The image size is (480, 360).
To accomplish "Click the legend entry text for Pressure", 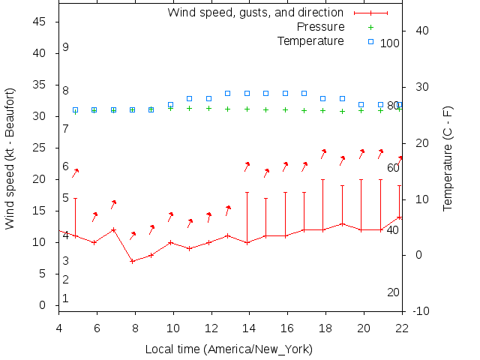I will tap(319, 27).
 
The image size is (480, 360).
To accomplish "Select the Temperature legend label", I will tap(310, 40).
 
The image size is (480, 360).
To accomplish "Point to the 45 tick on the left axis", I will tap(40, 22).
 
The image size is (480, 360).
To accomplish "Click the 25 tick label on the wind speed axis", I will tap(40, 148).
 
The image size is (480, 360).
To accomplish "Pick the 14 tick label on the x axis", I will tap(249, 328).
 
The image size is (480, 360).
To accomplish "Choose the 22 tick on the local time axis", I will tap(402, 328).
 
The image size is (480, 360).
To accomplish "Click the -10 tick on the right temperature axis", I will tap(421, 311).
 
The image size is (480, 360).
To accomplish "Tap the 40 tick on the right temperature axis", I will tap(421, 31).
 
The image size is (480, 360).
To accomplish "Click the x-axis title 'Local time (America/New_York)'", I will tap(229, 349).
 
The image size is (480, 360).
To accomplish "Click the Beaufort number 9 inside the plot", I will tap(66, 47).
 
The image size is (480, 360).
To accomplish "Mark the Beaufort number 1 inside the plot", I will tap(66, 298).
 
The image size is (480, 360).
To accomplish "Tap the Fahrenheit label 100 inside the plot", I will tap(390, 43).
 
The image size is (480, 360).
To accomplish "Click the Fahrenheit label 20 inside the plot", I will tap(393, 292).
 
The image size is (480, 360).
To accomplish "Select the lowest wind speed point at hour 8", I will tap(133, 261).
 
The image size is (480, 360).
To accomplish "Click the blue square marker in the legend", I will tap(370, 40).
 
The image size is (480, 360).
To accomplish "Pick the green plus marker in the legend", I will tap(370, 27).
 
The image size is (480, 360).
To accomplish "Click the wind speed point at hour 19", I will tap(342, 223).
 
